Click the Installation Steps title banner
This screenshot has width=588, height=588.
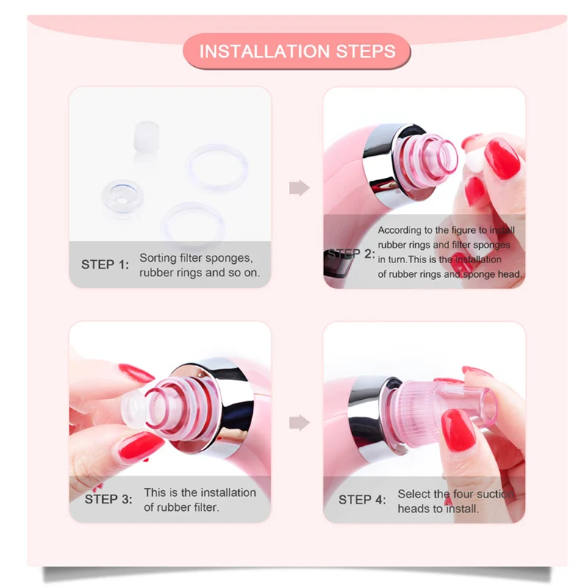297,51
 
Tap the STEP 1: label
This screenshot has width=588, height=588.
105,265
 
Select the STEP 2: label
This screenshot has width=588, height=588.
351,254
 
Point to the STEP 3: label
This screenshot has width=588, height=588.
108,499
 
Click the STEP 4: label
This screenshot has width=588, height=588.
362,500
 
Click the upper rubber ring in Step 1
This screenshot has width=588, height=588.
217,167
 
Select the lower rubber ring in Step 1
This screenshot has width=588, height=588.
193,225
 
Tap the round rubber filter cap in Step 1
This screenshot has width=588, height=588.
122,197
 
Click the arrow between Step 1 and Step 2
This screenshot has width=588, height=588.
299,188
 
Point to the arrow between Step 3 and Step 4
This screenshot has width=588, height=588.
299,423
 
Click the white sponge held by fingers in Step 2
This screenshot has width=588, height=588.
475,159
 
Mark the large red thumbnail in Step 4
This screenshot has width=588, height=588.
458,429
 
